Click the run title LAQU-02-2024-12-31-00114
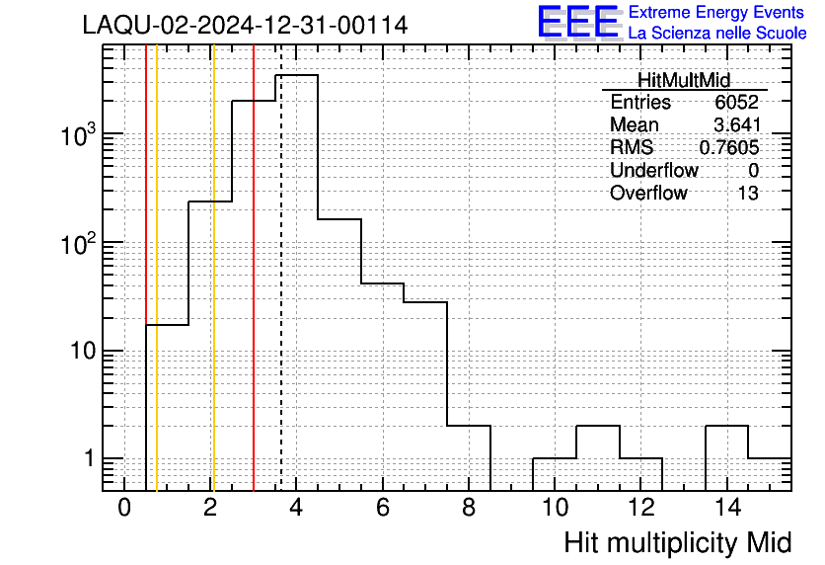click(245, 26)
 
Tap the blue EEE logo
click(578, 22)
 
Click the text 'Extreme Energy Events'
click(716, 12)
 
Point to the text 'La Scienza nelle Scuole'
click(717, 34)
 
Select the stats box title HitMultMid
click(684, 80)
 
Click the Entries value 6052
click(736, 102)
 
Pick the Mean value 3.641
click(737, 124)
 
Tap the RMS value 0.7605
click(729, 147)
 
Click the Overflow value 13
click(748, 194)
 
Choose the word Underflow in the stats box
click(654, 170)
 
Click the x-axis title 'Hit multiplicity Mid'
click(678, 543)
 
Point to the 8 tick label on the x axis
click(469, 508)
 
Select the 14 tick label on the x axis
click(727, 508)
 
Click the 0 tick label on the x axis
click(124, 508)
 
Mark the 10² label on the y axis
click(77, 243)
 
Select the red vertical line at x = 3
click(254, 268)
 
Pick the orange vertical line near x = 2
click(213, 268)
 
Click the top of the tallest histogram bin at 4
click(297, 75)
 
